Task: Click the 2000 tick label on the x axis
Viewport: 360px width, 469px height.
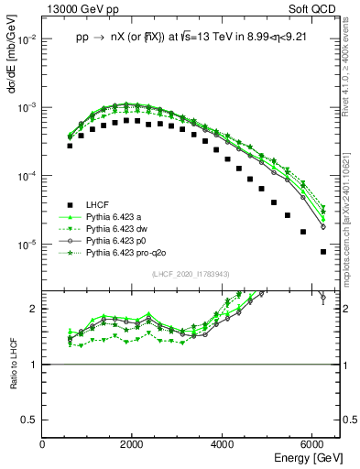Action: [132, 444]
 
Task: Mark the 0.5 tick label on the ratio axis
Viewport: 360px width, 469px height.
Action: [29, 420]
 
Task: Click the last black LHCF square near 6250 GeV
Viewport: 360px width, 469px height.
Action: [322, 251]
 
